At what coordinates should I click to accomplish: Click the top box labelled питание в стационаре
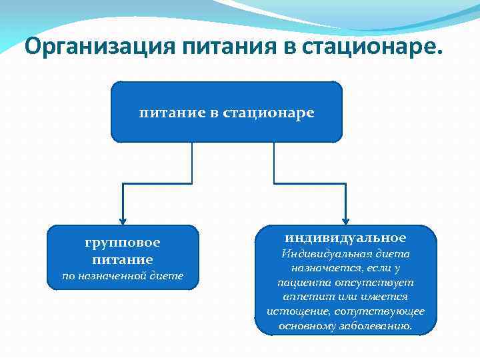pyautogui.click(x=226, y=113)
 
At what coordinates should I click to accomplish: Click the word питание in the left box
pyautogui.click(x=123, y=259)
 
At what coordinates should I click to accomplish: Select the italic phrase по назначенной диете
pyautogui.click(x=123, y=276)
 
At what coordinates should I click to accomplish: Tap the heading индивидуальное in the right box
pyautogui.click(x=345, y=238)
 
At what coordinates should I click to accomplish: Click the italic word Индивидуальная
pyautogui.click(x=323, y=254)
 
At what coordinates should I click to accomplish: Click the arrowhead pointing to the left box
pyautogui.click(x=123, y=219)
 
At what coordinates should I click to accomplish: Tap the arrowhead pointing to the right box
pyautogui.click(x=345, y=219)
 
